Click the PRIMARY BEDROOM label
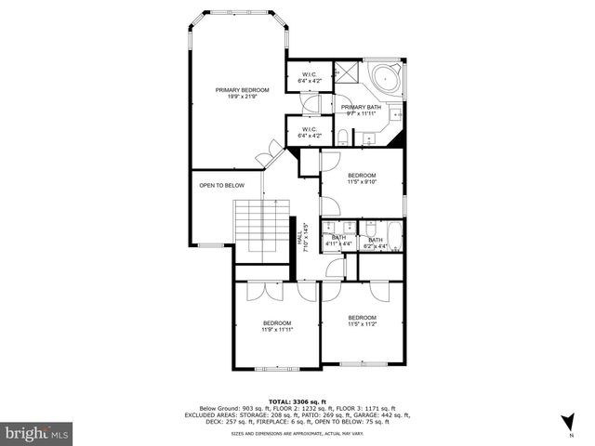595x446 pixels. point(242,90)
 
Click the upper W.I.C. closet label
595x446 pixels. point(309,77)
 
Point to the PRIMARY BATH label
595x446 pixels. point(361,108)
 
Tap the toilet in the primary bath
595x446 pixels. point(343,138)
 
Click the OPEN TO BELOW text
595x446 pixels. point(221,185)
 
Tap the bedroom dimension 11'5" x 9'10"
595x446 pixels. point(362,182)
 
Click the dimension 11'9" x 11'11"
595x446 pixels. point(277,329)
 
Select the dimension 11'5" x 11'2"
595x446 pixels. point(362,325)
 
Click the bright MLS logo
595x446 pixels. point(36,433)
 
